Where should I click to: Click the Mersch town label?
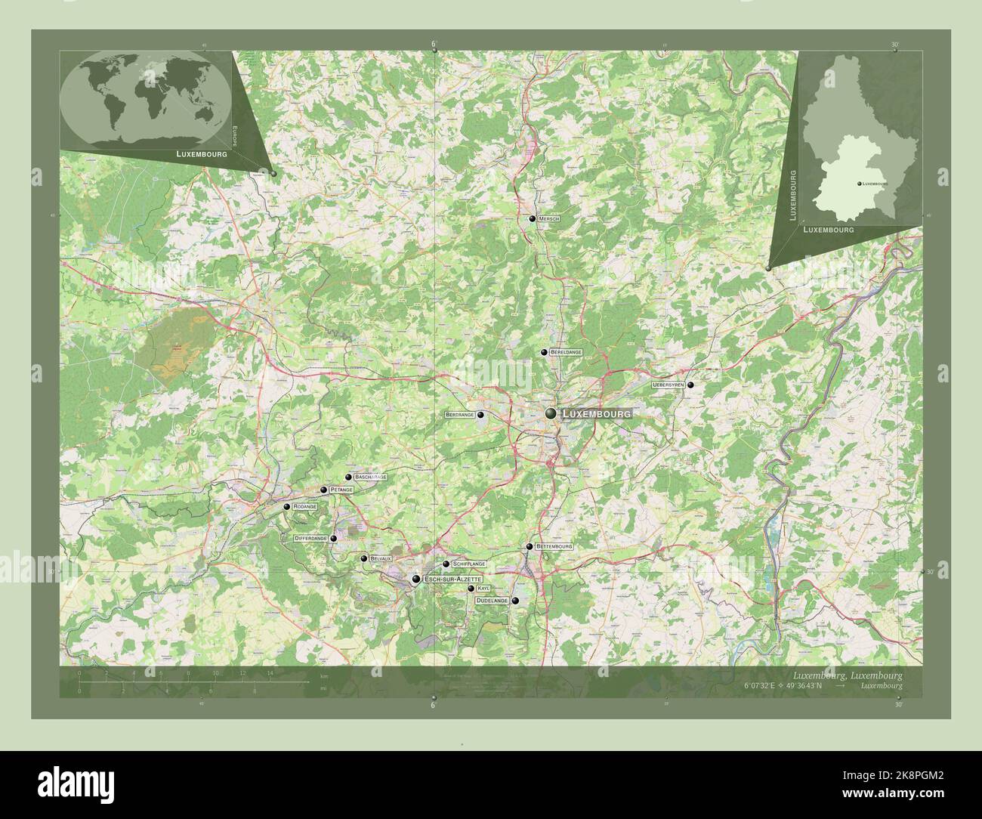coord(549,219)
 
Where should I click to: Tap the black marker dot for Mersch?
coord(533,219)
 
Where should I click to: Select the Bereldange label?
coord(566,353)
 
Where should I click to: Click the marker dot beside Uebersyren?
coord(690,385)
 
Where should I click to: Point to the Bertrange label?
coord(460,415)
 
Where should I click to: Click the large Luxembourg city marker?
coord(551,413)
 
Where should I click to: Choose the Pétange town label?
coord(341,490)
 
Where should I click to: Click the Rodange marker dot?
coord(287,506)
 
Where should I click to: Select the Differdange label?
coord(310,539)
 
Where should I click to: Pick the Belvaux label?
coord(381,558)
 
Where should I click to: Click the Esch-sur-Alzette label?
coord(452,579)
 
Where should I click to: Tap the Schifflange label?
coord(468,564)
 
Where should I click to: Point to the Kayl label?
coord(483,588)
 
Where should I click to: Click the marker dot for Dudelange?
coord(515,601)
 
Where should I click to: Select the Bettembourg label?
coord(554,545)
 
